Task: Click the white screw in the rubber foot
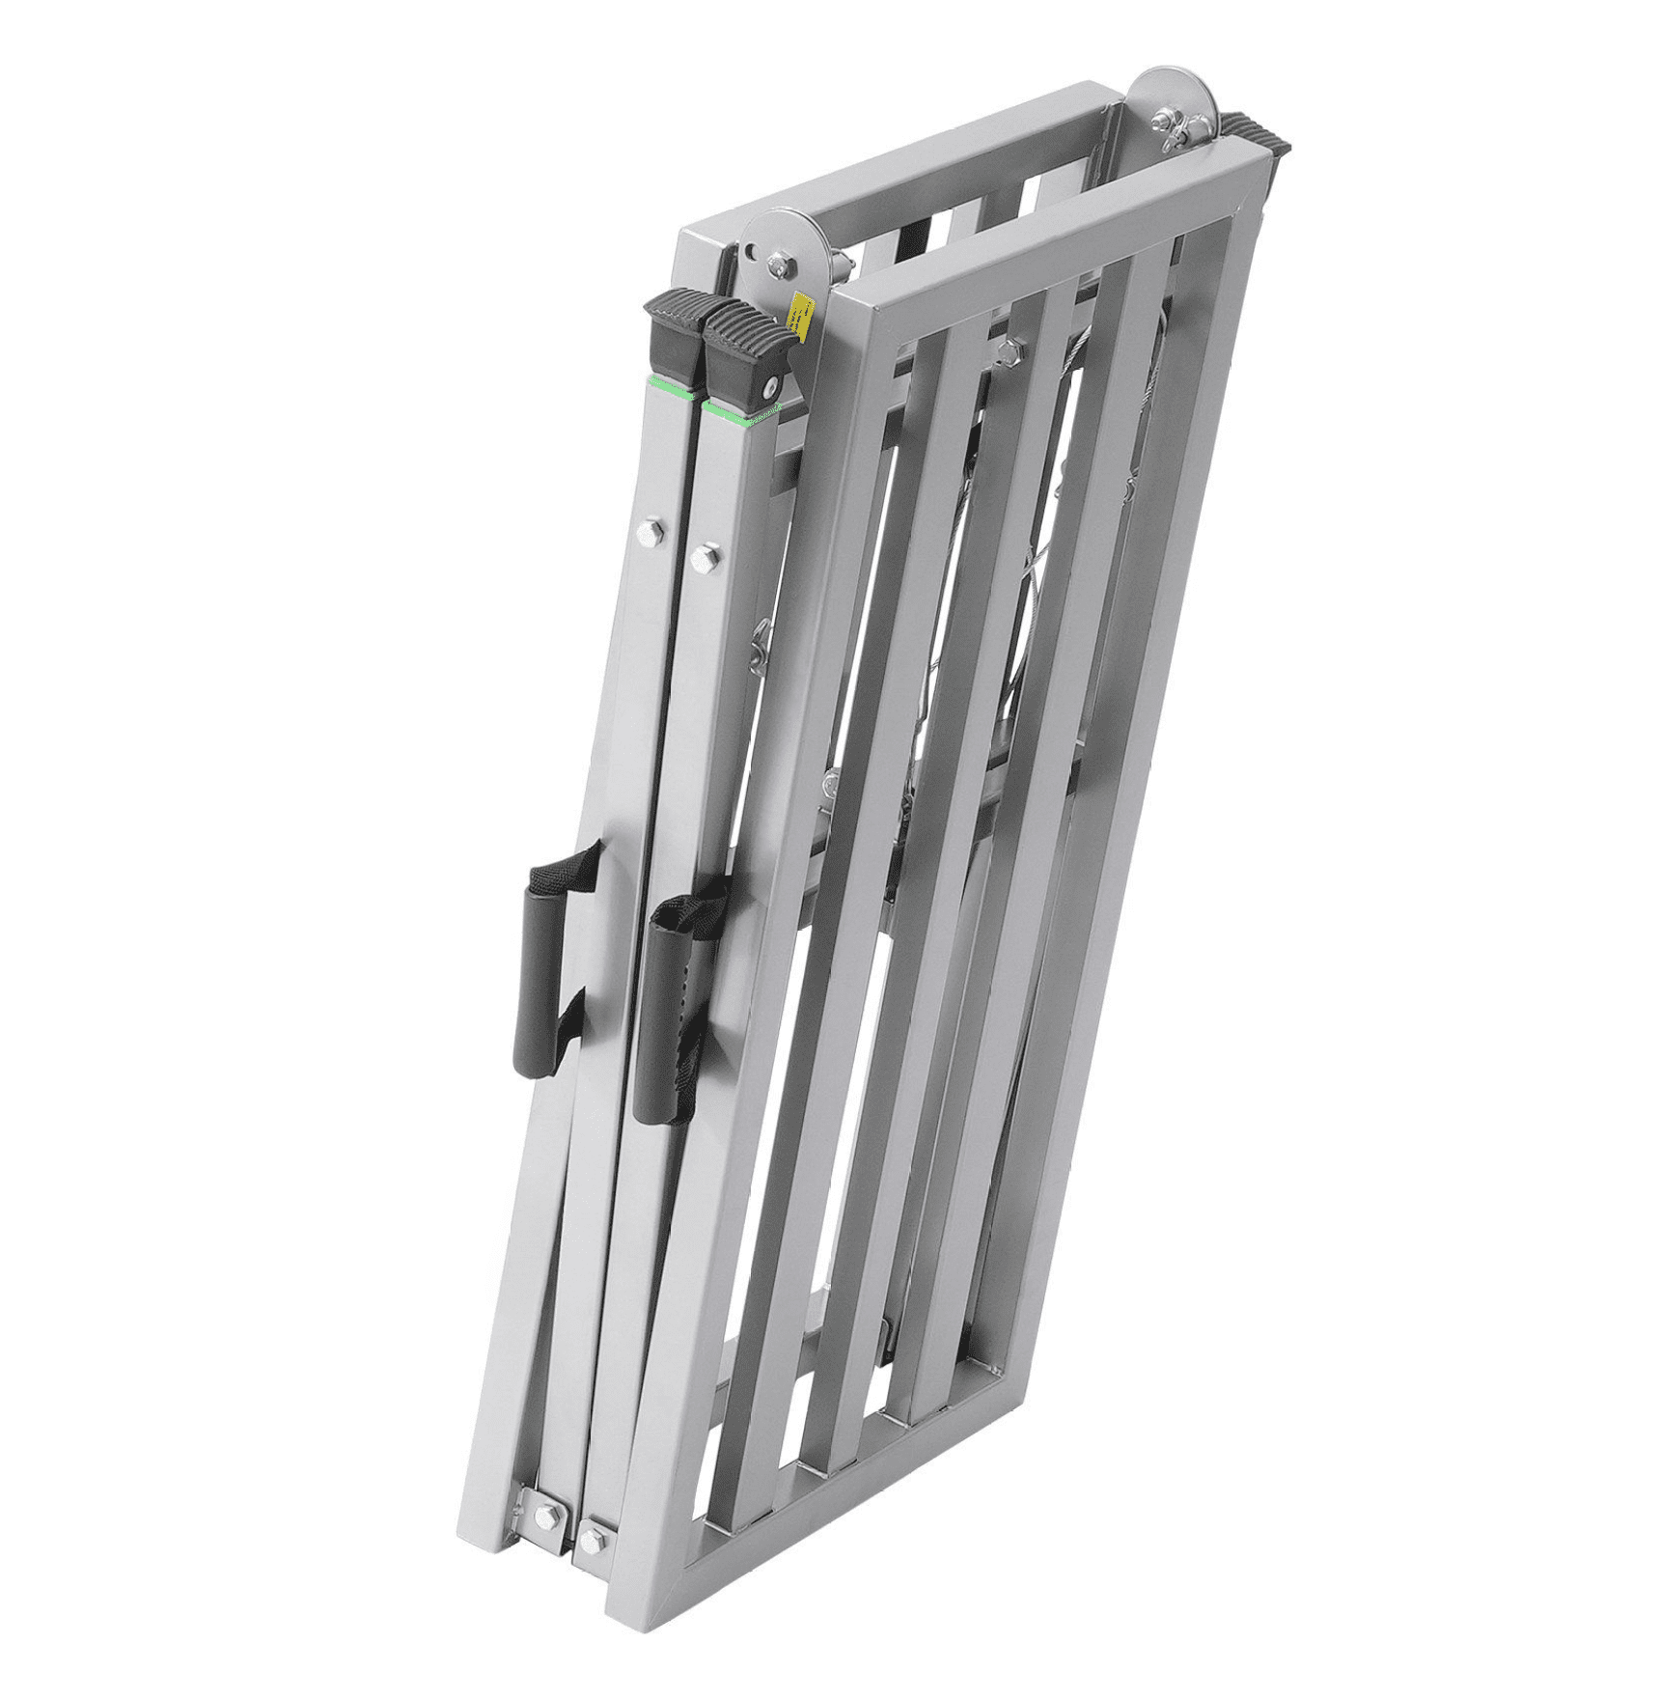(769, 388)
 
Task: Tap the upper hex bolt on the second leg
(705, 558)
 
